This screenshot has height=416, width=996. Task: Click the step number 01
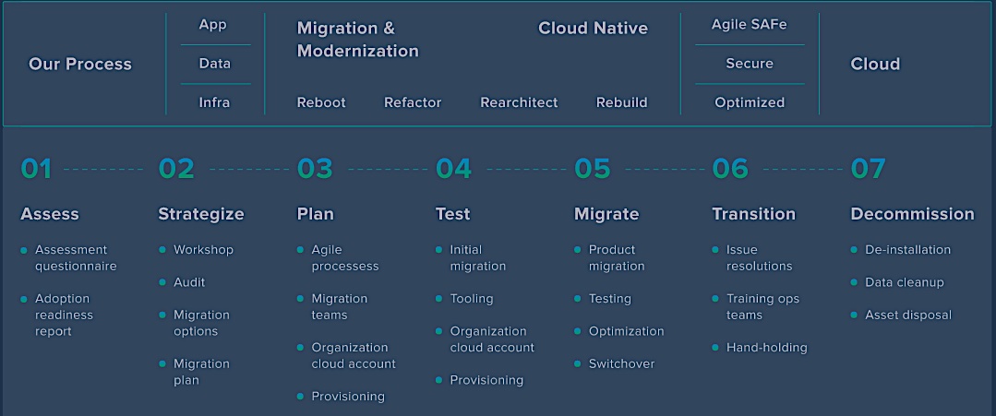(x=36, y=169)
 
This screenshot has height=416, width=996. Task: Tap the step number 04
(x=453, y=169)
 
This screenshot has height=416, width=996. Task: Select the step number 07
(x=868, y=169)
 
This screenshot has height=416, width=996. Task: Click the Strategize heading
(x=200, y=214)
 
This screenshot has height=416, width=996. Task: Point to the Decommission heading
(x=912, y=214)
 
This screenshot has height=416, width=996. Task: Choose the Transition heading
(x=753, y=214)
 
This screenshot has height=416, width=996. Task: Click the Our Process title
(x=80, y=65)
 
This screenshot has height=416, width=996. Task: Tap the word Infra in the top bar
(x=214, y=102)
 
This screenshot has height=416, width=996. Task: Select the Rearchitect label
(x=519, y=102)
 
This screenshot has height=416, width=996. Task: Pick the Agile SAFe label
(x=749, y=25)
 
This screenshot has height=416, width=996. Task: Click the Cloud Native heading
(x=593, y=28)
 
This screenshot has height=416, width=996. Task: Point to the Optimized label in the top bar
(x=750, y=102)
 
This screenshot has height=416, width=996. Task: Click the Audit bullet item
(x=189, y=282)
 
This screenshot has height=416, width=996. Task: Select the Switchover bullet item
(x=621, y=364)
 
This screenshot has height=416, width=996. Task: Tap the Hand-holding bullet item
(x=767, y=348)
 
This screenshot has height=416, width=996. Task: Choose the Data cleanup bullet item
(x=905, y=282)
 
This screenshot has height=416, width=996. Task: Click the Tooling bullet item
(x=472, y=299)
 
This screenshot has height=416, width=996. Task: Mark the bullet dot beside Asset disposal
(x=855, y=315)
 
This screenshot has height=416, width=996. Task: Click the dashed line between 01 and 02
(x=103, y=170)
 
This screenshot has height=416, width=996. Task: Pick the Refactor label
(x=413, y=102)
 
